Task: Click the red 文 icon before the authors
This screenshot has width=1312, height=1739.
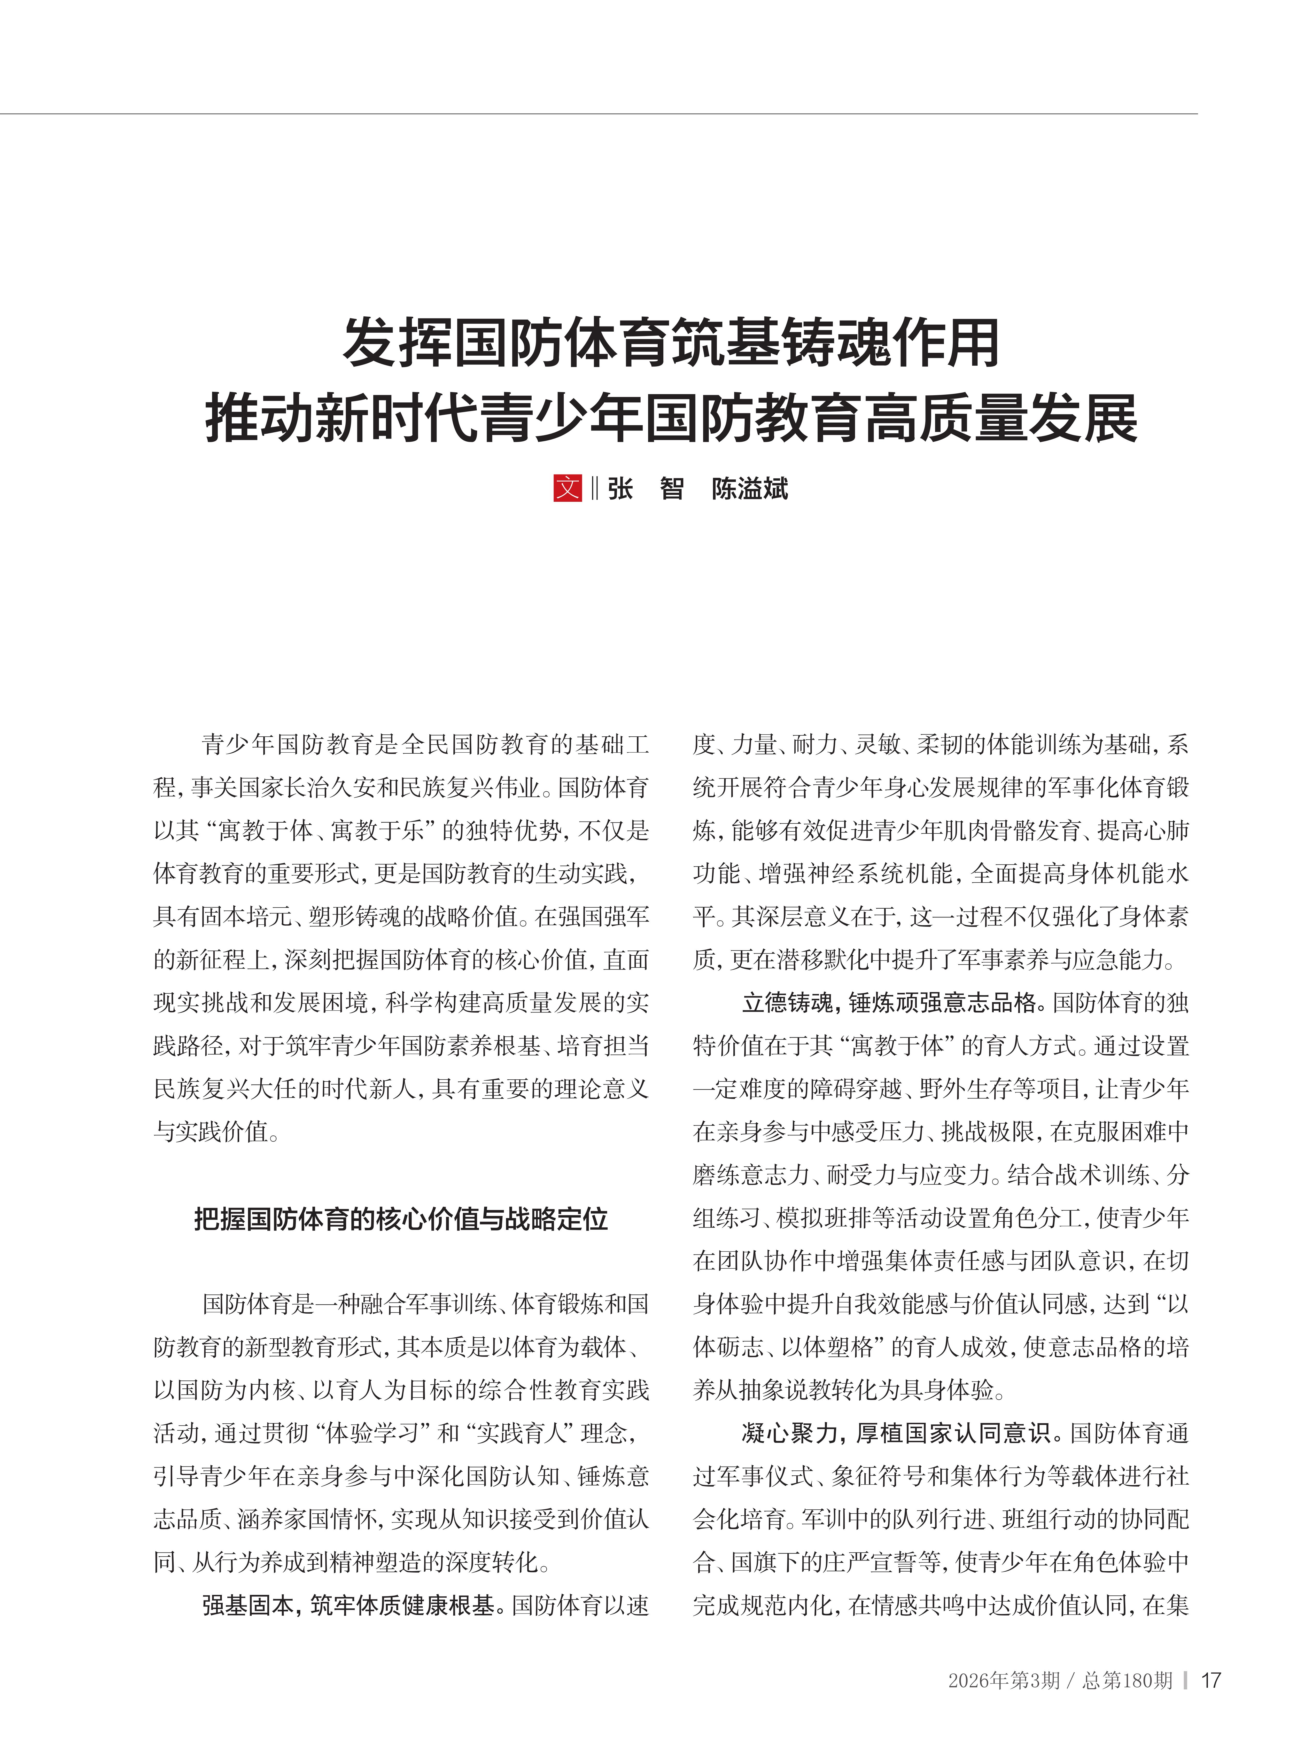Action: tap(568, 488)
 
